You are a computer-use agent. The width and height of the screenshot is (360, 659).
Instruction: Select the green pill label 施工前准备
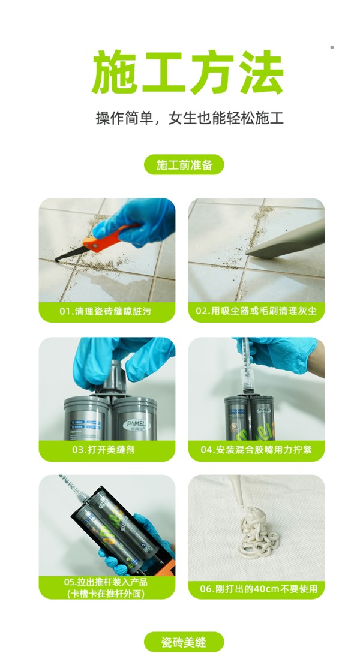(184, 165)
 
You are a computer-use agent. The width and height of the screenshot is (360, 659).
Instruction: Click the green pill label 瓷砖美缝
(184, 642)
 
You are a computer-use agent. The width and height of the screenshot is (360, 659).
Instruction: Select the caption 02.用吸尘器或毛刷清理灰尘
(256, 312)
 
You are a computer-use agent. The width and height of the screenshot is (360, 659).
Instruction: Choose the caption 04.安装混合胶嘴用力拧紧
(256, 449)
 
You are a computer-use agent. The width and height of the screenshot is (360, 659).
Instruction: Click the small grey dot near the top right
(332, 47)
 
